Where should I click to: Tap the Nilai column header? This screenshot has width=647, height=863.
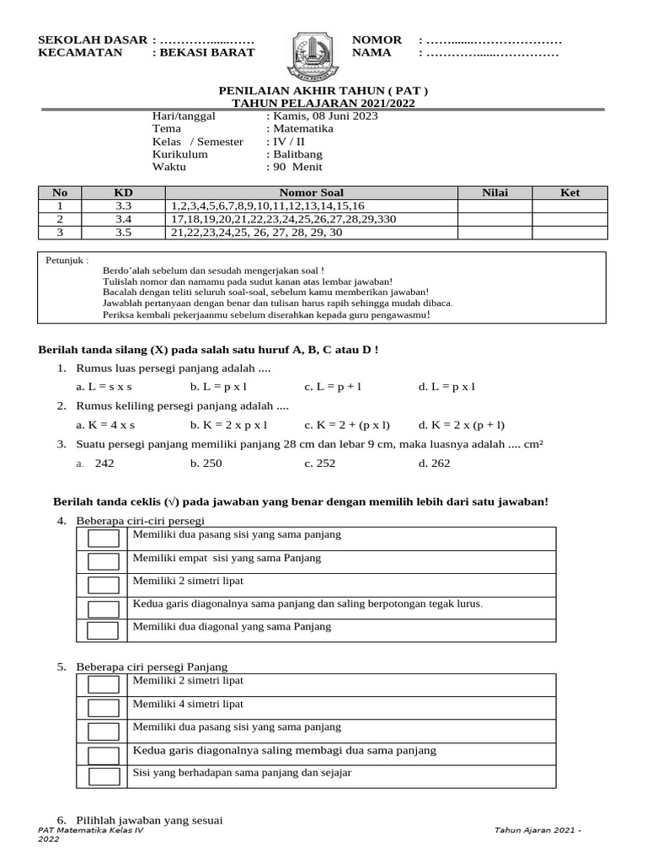click(x=495, y=193)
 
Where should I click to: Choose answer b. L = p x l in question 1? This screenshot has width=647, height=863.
click(x=217, y=387)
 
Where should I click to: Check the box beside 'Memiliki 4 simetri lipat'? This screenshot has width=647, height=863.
click(x=104, y=708)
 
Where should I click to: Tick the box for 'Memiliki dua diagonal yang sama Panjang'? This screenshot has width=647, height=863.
click(x=104, y=630)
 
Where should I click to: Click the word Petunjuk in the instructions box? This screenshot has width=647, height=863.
click(x=67, y=260)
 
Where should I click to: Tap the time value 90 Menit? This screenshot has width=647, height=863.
click(x=294, y=167)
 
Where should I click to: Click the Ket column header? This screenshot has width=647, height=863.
click(x=570, y=193)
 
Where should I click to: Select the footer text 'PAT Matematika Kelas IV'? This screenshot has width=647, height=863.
click(x=91, y=830)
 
